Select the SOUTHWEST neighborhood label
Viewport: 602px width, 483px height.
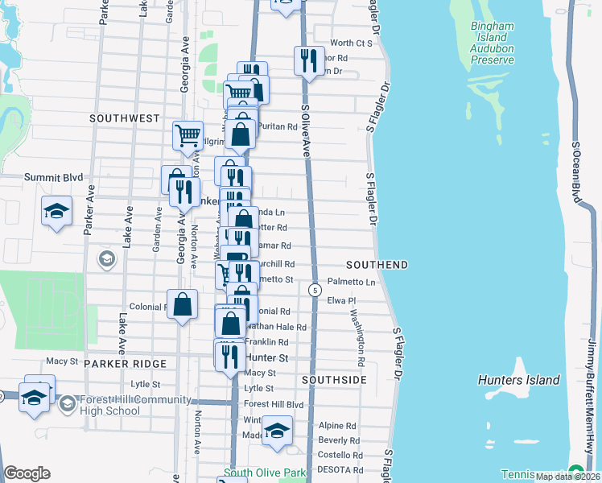click(x=125, y=118)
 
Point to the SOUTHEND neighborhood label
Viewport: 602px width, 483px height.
click(x=377, y=265)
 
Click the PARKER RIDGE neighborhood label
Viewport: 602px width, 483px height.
click(x=125, y=364)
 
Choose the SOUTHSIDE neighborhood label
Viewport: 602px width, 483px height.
click(x=334, y=379)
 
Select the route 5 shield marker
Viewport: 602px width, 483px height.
click(x=315, y=289)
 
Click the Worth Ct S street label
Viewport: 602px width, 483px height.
click(x=352, y=43)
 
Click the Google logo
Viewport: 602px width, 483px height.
click(x=27, y=473)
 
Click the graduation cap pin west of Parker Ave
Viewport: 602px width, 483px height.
click(x=56, y=211)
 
